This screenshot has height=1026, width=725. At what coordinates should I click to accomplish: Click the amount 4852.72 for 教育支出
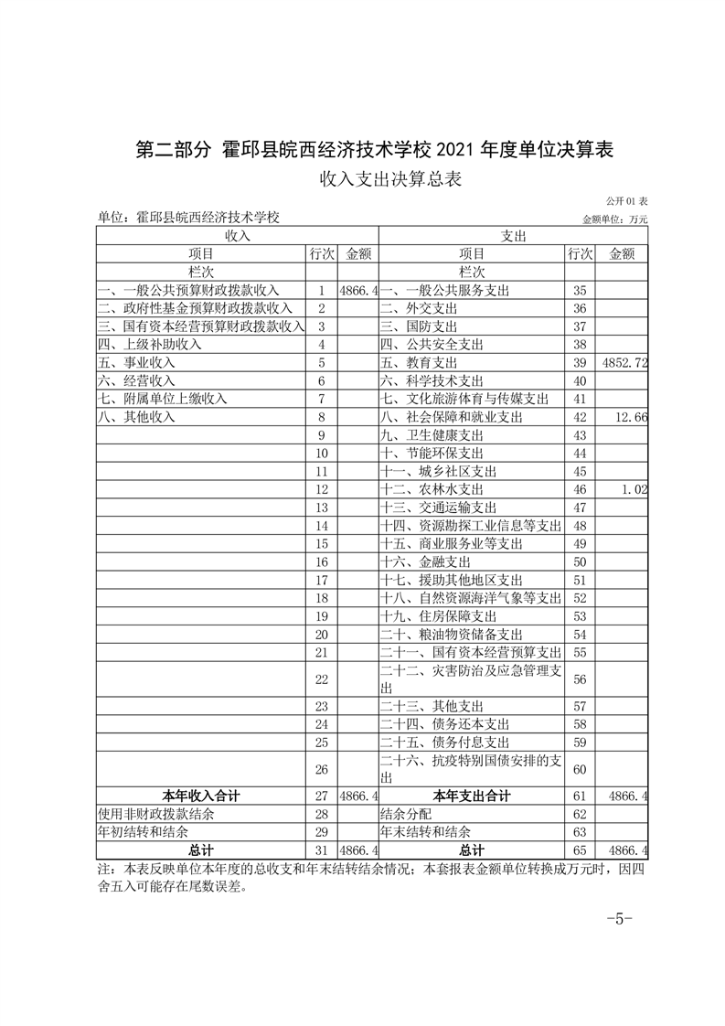coord(625,363)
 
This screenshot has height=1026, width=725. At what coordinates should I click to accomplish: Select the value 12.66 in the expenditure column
coord(632,417)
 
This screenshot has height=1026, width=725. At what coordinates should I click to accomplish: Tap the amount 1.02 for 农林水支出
coord(634,489)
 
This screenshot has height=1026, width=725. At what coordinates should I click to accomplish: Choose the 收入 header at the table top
coord(238,236)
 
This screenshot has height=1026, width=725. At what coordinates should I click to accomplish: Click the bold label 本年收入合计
coord(201,796)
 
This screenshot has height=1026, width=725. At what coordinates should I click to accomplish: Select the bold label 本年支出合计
coord(472,796)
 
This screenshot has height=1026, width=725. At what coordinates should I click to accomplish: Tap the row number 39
coord(578,363)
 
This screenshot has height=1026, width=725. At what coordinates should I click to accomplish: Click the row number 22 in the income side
coord(321,679)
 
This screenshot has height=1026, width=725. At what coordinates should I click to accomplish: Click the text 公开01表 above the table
coord(626,200)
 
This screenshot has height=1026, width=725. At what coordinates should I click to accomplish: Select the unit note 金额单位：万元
coord(614,219)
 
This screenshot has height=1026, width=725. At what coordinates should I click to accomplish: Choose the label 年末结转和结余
coord(425,831)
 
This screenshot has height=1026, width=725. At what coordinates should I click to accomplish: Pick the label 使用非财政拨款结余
coord(156,813)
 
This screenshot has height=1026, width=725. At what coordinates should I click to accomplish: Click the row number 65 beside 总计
coord(578,850)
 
